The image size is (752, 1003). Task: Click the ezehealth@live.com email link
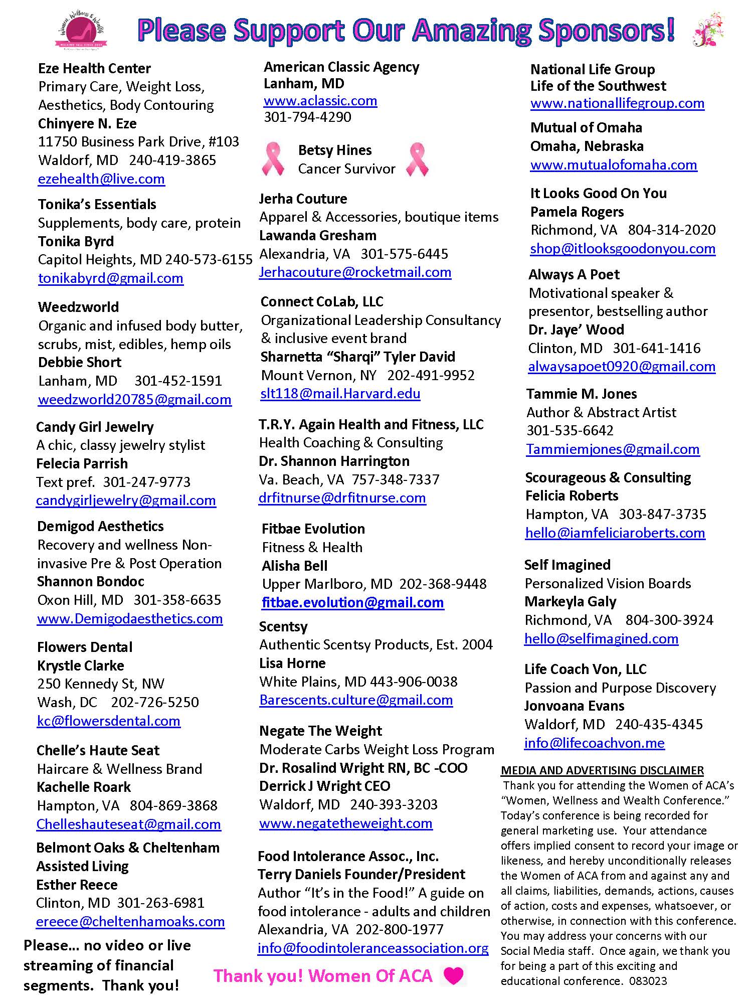[101, 179]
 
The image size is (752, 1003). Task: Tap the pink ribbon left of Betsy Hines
[273, 159]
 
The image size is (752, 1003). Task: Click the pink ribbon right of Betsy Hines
[417, 159]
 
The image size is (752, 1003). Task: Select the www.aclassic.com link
[320, 100]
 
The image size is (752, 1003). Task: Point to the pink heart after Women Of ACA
[454, 975]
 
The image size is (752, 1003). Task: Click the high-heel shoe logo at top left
[80, 30]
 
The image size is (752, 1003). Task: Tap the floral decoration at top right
[709, 30]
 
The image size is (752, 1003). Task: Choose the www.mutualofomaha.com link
[613, 164]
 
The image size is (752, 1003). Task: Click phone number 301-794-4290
[307, 117]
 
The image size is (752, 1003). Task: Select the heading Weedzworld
[78, 307]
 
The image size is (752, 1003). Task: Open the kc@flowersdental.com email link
[108, 721]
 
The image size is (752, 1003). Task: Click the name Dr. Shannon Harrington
[334, 461]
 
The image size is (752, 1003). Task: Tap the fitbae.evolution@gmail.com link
[352, 602]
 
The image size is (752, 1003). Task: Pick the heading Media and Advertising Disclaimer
[602, 770]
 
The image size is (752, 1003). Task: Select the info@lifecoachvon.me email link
[594, 743]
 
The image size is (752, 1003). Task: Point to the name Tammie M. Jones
[582, 394]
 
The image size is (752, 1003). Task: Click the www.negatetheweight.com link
[345, 823]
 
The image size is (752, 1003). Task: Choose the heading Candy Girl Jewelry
[95, 427]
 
